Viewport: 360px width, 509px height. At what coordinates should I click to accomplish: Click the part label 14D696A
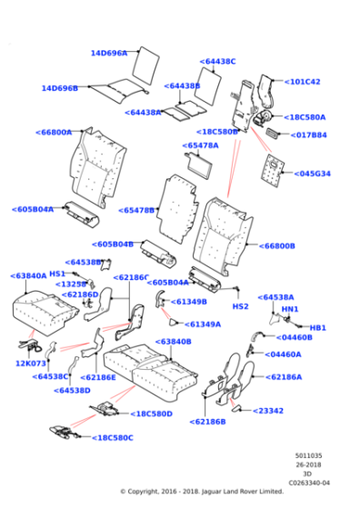[x=108, y=54]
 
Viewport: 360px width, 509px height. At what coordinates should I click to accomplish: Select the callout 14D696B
[x=59, y=88]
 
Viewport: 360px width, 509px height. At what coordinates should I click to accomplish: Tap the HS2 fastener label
[x=241, y=306]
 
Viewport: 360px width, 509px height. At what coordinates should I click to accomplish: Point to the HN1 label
[x=290, y=309]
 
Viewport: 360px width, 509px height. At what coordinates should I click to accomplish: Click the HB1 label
[x=317, y=327]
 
